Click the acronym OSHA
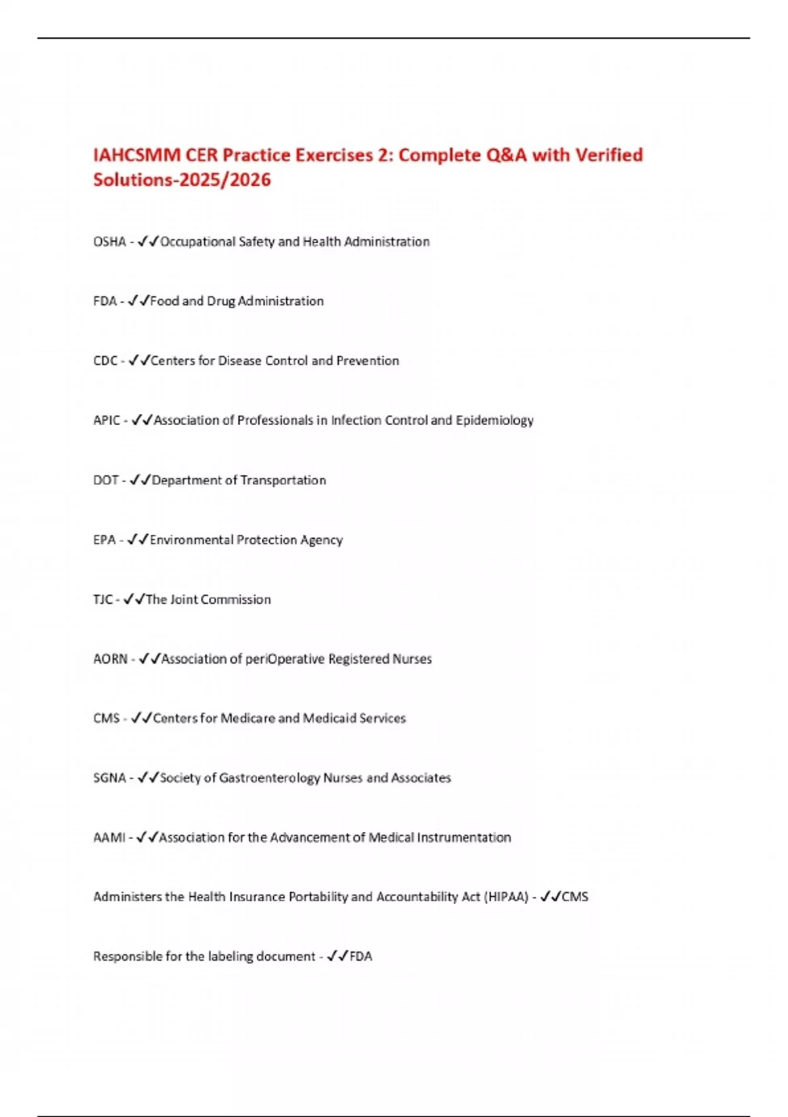[x=110, y=242]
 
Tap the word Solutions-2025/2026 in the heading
[x=182, y=180]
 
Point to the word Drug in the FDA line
[x=221, y=302]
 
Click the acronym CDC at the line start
[x=105, y=361]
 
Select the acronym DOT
[x=106, y=480]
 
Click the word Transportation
[x=283, y=480]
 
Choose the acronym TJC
[x=103, y=599]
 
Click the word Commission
[x=236, y=599]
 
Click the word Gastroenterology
[x=269, y=778]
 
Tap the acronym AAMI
[x=109, y=838]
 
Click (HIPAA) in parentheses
[x=506, y=897]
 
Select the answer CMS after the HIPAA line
[x=575, y=897]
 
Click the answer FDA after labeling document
[x=361, y=957]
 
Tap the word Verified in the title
[x=609, y=155]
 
